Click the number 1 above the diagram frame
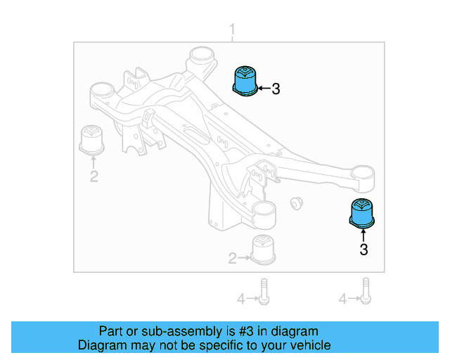click(233, 30)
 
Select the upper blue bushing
click(244, 80)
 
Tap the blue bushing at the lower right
click(363, 214)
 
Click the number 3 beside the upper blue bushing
click(276, 89)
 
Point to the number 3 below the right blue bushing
click(364, 249)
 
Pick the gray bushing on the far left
click(91, 139)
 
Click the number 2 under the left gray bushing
click(94, 176)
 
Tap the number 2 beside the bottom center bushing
click(232, 259)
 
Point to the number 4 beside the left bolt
click(240, 300)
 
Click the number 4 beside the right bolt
click(343, 300)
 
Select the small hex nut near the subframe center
click(296, 203)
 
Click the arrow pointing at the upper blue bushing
click(262, 89)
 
